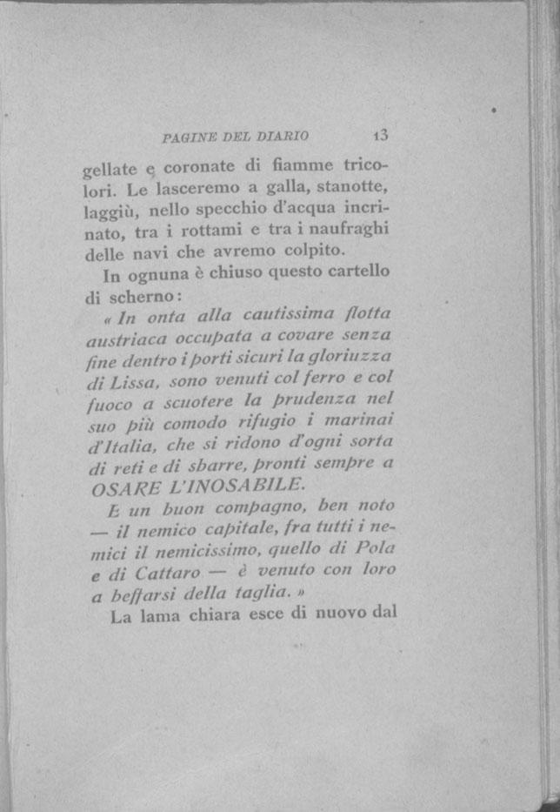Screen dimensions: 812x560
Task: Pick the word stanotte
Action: tap(356, 185)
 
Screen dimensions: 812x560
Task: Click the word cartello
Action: tap(357, 271)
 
